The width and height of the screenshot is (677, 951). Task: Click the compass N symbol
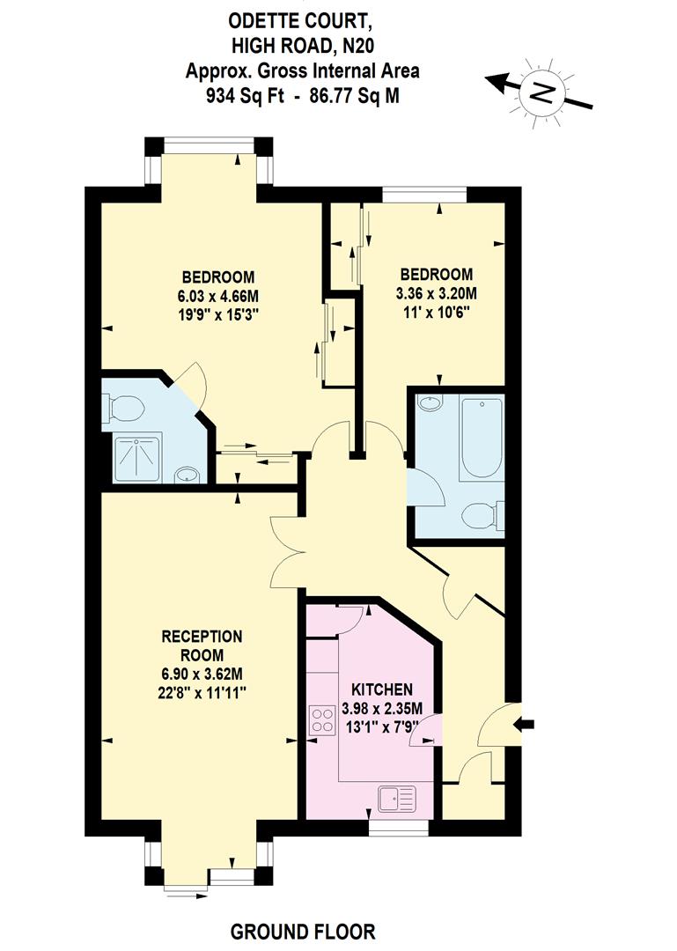point(546,91)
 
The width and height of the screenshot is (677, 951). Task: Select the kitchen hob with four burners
point(321,720)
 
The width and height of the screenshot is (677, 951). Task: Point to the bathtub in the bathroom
point(480,437)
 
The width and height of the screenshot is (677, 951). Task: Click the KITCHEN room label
point(381,689)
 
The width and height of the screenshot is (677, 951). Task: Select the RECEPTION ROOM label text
point(201,645)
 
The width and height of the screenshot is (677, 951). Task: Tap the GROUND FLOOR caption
point(303,931)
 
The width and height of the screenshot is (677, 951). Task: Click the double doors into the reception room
point(286,553)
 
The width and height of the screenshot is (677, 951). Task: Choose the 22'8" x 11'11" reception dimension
point(201,692)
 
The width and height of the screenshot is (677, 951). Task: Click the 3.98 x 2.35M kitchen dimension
point(382,708)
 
